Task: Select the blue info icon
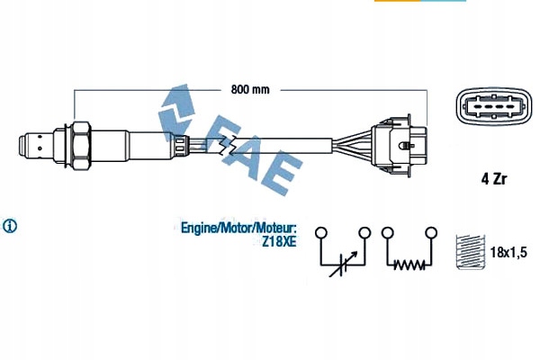tap(12, 224)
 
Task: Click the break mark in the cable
tap(229, 144)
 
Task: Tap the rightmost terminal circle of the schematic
tap(432, 233)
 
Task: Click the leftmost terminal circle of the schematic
tap(319, 233)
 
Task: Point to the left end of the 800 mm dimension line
tap(74, 90)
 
